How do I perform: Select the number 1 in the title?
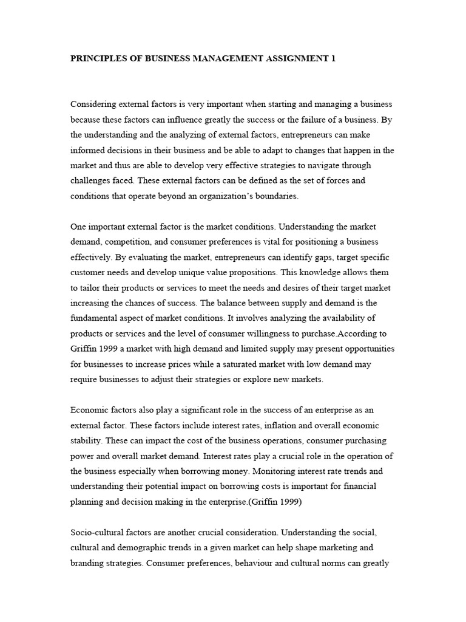click(x=333, y=59)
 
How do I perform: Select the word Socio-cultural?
click(x=100, y=532)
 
